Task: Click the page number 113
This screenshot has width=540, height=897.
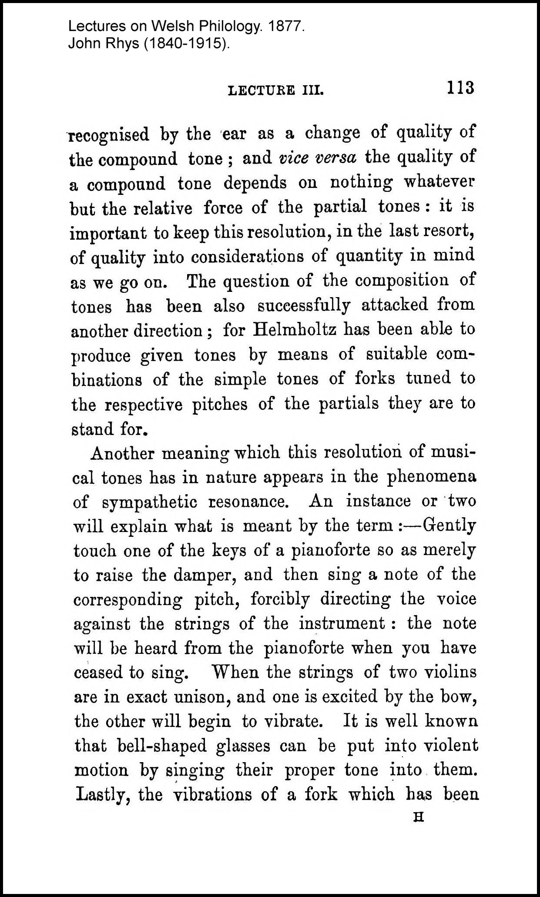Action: (460, 87)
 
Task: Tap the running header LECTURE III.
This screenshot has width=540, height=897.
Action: (276, 91)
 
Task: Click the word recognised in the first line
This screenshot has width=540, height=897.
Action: (109, 135)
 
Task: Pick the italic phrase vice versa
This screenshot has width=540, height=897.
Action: (318, 157)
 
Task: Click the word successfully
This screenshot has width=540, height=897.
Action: (304, 305)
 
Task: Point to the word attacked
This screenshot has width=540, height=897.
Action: (395, 305)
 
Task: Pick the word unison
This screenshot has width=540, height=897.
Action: (204, 697)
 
